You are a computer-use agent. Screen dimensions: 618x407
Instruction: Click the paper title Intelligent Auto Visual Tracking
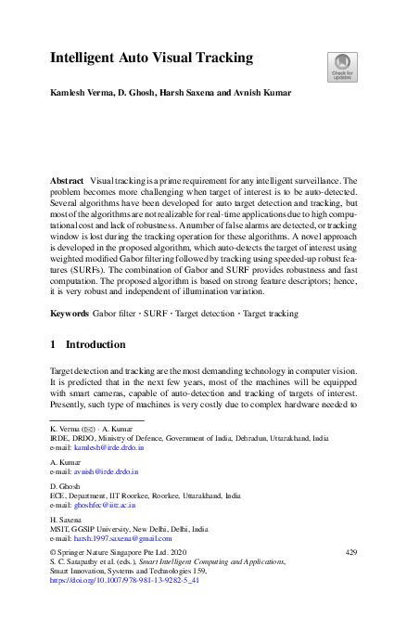(150, 58)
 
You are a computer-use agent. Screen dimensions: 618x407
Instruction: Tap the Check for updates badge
(340, 65)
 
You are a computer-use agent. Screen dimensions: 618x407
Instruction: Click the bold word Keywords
(69, 315)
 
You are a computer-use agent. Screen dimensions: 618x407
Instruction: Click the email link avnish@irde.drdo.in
(104, 471)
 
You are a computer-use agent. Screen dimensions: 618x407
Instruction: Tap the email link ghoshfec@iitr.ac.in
(104, 505)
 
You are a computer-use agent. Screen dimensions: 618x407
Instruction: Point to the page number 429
(350, 552)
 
